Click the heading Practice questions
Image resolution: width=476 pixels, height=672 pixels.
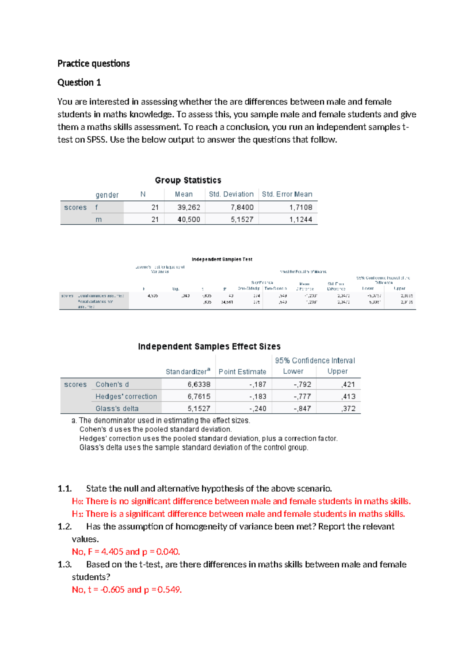pos(94,63)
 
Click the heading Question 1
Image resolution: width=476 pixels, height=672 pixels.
pos(79,82)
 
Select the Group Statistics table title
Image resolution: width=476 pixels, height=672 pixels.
pos(188,180)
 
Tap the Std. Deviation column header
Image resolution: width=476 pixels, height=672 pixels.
pos(231,194)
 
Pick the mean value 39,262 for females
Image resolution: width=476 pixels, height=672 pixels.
pos(189,207)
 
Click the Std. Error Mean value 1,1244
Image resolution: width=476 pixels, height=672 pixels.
pos(301,219)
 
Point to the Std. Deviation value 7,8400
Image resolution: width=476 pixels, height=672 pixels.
pos(242,207)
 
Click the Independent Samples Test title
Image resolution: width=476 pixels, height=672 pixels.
pos(222,259)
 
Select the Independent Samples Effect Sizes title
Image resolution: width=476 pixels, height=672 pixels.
pos(209,346)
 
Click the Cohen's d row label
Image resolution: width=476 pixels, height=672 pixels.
pos(112,384)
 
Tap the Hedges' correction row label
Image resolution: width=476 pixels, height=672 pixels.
pos(126,396)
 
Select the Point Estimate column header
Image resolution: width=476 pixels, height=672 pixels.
pos(242,372)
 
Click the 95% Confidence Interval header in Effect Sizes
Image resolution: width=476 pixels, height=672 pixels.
pos(315,361)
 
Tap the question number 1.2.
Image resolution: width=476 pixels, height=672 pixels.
pos(65,527)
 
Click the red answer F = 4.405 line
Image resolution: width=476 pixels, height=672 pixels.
pos(126,552)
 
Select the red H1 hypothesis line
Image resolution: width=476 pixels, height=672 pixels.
pos(238,514)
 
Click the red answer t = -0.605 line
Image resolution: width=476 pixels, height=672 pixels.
pos(127,590)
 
